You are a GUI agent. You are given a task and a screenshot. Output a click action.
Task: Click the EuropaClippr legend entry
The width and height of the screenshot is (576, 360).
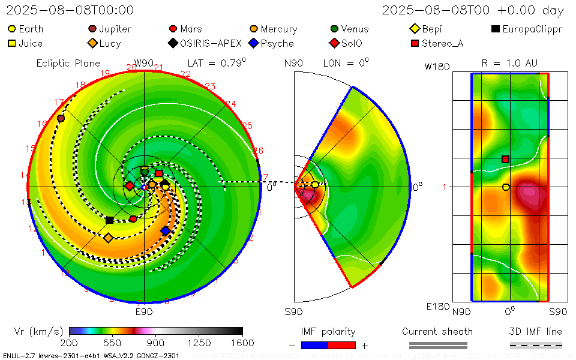527,29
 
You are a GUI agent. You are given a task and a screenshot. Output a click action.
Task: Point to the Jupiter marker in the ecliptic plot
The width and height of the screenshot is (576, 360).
61,118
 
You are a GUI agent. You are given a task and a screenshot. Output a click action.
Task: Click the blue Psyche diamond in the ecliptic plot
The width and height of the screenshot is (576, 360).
166,231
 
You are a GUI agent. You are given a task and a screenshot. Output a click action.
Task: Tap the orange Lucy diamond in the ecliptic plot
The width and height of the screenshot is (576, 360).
109,238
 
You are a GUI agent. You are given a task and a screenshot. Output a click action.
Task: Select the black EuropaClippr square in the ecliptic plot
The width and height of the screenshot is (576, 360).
110,220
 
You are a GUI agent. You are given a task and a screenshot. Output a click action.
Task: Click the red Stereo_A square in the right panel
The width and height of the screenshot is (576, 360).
506,159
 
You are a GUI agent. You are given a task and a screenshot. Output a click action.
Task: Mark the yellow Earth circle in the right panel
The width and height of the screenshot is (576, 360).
506,187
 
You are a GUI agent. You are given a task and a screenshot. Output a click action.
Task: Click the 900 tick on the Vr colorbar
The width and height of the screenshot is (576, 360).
156,343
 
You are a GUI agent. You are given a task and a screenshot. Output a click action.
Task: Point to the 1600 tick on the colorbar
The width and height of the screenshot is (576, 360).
242,343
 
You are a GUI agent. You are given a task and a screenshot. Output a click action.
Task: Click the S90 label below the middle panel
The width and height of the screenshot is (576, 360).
293,312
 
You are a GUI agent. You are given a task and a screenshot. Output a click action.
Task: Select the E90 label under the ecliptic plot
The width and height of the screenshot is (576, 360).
144,312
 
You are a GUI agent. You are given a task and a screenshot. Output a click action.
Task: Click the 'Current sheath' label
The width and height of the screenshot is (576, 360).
437,332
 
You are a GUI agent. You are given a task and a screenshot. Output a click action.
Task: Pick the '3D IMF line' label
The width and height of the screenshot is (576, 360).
536,332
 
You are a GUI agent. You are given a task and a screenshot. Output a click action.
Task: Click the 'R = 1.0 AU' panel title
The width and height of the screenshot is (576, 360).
509,63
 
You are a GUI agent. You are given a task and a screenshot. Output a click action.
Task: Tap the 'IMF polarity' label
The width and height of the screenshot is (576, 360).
328,332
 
